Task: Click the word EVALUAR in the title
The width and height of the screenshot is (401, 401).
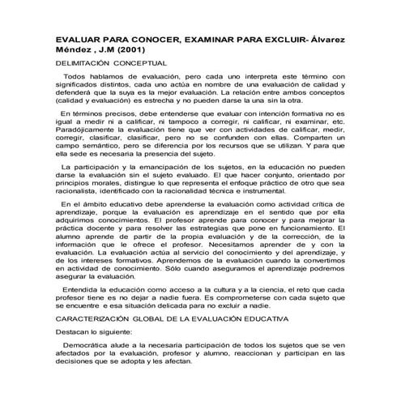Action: pos(79,38)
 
